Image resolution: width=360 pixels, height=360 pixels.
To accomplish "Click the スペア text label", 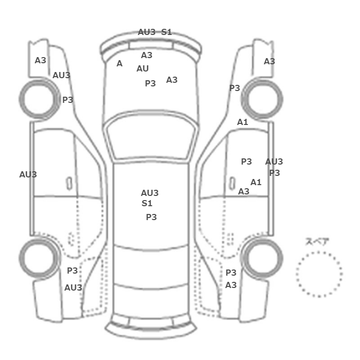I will pos(317,242).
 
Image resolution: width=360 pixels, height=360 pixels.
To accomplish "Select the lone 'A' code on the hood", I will pos(119,64).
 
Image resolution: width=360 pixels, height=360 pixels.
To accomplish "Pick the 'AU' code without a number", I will pos(142,68).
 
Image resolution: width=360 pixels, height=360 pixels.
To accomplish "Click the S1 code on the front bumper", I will pos(167,32).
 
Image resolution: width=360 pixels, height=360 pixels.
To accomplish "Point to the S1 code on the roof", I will pos(147,203).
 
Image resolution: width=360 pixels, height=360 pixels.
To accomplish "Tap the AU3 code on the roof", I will pos(150,193).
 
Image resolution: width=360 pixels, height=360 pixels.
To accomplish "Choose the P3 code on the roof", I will pos(151,217).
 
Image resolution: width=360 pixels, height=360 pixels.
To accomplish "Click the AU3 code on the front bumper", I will pos(147,32).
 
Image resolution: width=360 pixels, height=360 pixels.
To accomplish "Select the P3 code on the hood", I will pos(150,83).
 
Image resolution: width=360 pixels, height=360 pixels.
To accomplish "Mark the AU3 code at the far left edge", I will pos(28,174).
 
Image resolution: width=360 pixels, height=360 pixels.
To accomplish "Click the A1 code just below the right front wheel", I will pos(242,122).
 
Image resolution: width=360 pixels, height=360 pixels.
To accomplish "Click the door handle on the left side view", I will pos(68,183).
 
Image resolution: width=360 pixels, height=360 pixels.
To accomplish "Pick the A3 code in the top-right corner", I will pos(269,61).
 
